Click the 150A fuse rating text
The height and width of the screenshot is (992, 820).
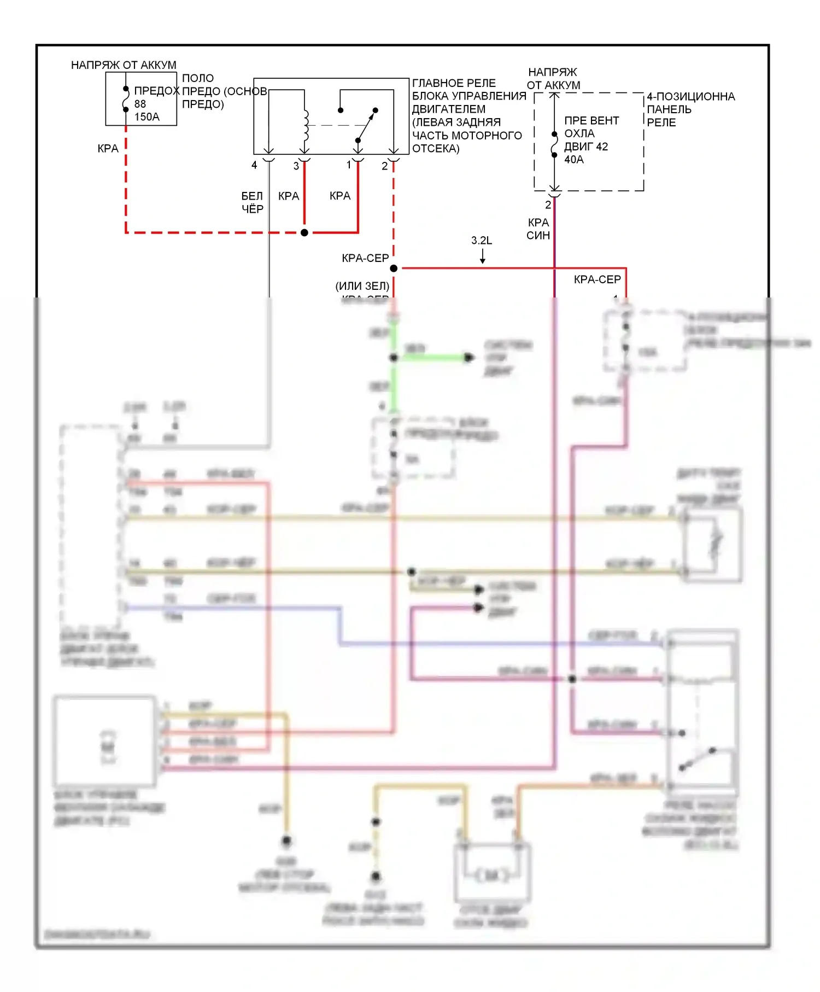147,116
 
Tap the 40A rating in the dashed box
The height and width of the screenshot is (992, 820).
573,160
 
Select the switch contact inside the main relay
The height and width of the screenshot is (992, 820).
366,125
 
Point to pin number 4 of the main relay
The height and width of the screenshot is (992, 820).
254,165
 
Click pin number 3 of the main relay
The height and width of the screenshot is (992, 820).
296,166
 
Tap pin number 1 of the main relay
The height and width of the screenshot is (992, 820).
349,165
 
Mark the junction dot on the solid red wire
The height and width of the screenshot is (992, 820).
304,232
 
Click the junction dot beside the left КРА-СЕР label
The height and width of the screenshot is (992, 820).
394,268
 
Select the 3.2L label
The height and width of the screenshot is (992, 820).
482,241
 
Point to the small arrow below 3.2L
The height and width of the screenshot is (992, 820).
483,257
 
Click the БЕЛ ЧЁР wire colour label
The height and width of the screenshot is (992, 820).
253,202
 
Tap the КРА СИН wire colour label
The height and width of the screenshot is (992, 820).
538,229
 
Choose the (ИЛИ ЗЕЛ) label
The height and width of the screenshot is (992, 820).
362,285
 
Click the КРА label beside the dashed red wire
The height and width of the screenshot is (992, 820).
108,148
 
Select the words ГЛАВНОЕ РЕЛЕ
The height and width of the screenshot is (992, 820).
454,83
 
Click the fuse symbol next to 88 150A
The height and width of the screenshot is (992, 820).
126,99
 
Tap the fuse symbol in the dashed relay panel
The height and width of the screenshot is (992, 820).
554,144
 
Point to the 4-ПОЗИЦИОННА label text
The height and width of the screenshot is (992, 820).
691,97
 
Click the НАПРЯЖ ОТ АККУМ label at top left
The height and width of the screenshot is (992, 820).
124,65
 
